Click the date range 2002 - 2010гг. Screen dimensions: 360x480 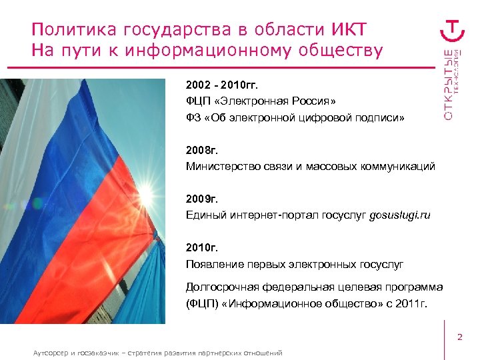pyautogui.click(x=221, y=85)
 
